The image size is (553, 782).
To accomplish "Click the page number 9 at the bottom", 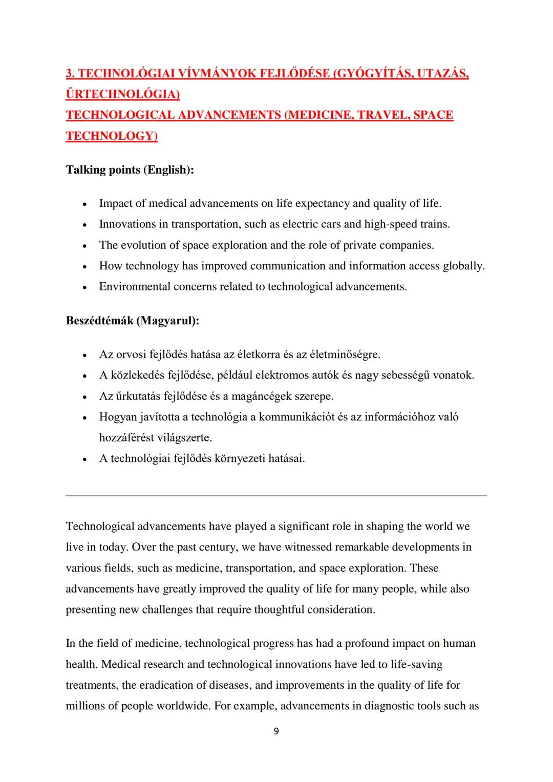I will click(x=276, y=731).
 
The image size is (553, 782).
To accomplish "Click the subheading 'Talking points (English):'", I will click(x=130, y=170).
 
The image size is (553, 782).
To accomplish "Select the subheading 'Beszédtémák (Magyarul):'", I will click(x=132, y=321).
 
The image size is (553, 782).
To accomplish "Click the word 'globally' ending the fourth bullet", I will click(x=463, y=266).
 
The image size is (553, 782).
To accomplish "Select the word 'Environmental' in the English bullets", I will click(x=135, y=287).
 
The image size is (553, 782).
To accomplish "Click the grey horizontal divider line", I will click(x=276, y=495).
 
